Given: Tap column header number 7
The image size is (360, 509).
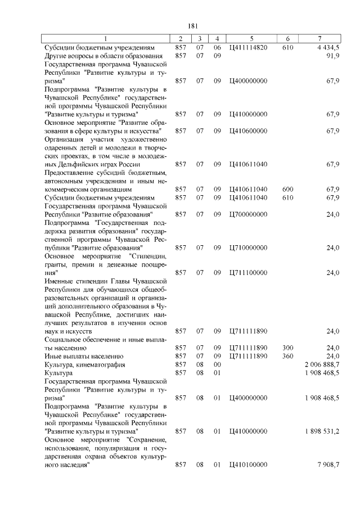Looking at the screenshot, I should tap(319, 39).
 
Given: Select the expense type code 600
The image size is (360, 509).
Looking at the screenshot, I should tap(287, 190).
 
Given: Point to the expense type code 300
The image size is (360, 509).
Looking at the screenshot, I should tap(287, 348).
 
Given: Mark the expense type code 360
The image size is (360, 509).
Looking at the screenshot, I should tap(287, 356).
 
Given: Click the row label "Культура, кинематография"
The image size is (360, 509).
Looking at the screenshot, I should tap(85, 364).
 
